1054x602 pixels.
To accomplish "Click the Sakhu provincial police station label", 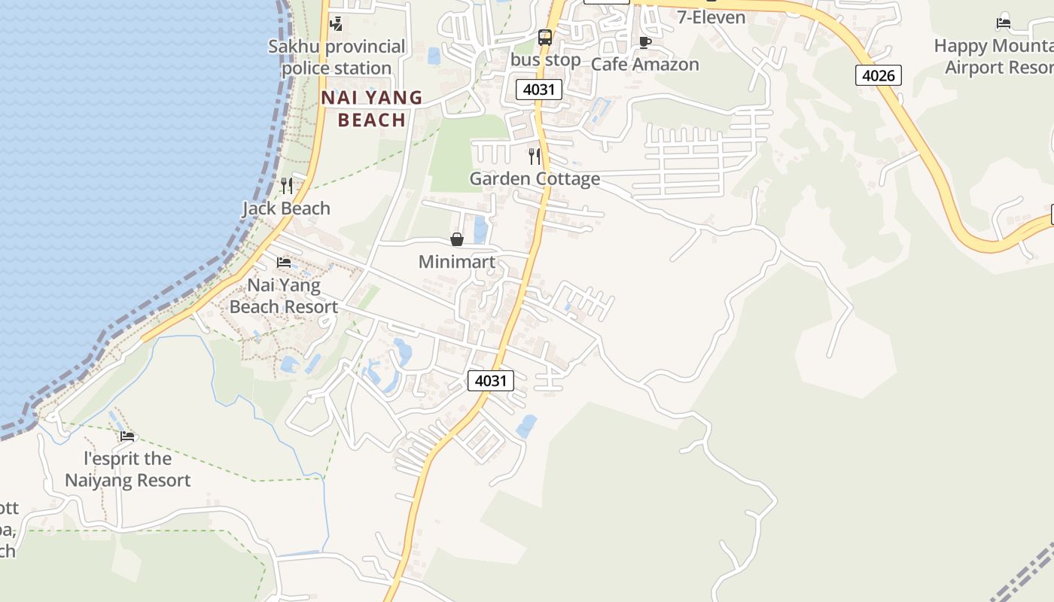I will [x=337, y=57].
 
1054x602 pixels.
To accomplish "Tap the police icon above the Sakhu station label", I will [x=337, y=23].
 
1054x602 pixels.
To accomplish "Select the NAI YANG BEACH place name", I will [x=372, y=108].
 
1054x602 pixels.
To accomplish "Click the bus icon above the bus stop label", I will [x=545, y=37].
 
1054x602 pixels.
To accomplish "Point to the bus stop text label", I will [x=545, y=59].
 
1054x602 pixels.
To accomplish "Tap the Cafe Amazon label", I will [x=645, y=64].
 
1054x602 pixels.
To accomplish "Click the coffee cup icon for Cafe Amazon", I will [x=644, y=41].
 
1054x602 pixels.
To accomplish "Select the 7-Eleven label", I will [x=711, y=17].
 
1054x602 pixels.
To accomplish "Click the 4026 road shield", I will [x=878, y=74].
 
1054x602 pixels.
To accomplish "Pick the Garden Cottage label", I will [x=535, y=178].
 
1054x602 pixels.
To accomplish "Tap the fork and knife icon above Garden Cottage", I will [x=535, y=156].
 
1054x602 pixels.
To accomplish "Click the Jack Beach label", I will [x=286, y=208].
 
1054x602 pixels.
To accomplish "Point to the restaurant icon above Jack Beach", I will [x=286, y=185].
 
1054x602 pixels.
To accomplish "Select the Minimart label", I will [x=457, y=262].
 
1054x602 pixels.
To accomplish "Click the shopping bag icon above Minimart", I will [x=457, y=239].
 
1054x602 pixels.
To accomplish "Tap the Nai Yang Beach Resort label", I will [x=284, y=296].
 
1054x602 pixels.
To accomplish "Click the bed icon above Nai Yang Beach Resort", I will [x=284, y=263].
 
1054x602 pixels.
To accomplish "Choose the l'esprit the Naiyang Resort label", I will [x=128, y=469].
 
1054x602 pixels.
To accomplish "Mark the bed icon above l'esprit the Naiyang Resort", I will [x=127, y=436].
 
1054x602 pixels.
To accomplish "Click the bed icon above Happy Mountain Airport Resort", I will [x=1004, y=23].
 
